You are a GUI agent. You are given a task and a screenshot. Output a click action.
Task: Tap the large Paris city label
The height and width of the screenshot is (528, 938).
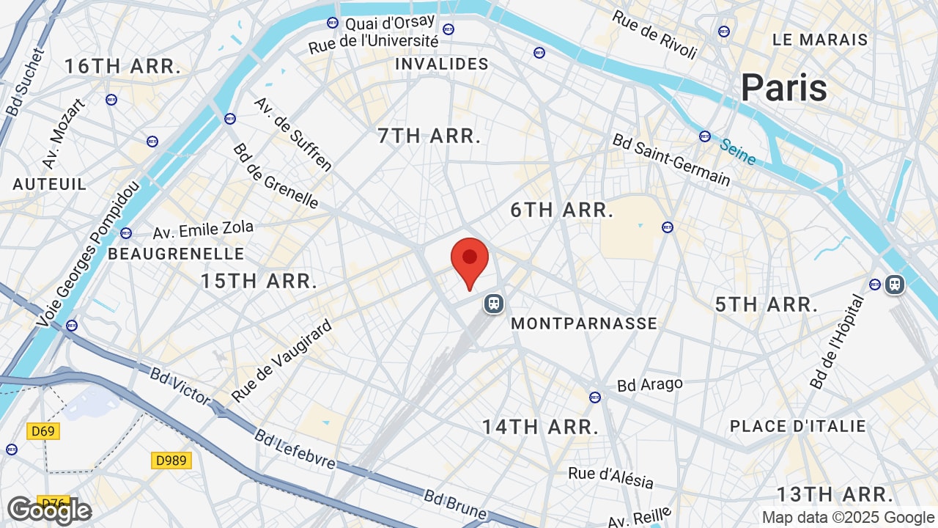coord(783,88)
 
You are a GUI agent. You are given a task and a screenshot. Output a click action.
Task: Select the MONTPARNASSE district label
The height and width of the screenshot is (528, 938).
coord(584,323)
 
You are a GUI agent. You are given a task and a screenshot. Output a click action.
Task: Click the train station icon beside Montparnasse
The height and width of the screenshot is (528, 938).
coord(494,303)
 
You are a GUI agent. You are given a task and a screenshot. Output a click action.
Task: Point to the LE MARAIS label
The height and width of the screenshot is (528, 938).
coord(820,40)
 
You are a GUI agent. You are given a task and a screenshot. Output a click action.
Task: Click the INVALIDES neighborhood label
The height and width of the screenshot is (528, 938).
coord(442,65)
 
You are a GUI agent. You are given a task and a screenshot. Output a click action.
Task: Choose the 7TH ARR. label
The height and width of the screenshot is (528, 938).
coord(429,136)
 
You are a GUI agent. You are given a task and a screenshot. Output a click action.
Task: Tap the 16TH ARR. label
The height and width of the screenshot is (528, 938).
coord(123,67)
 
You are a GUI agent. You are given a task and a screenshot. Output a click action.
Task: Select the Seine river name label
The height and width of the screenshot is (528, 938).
coord(737,152)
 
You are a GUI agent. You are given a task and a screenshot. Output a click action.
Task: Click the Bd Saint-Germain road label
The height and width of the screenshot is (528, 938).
coord(671,160)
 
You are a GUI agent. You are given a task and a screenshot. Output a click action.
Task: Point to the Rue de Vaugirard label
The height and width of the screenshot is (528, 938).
coord(282,361)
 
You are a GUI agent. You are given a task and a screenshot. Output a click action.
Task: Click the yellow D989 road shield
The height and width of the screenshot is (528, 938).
coord(171,461)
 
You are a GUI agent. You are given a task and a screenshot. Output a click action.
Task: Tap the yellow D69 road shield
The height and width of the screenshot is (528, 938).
coord(43,431)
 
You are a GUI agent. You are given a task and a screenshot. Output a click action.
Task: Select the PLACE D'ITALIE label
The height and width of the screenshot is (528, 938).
coord(798,426)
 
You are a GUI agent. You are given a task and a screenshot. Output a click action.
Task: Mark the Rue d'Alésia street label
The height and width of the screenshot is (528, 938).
coord(610,477)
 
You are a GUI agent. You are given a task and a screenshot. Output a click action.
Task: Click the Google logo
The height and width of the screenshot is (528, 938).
coord(49,510)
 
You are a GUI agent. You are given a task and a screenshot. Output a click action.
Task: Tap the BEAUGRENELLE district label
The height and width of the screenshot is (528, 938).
coord(176,254)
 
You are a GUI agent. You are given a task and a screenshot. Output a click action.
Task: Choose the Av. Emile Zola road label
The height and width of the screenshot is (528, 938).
coord(203,230)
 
